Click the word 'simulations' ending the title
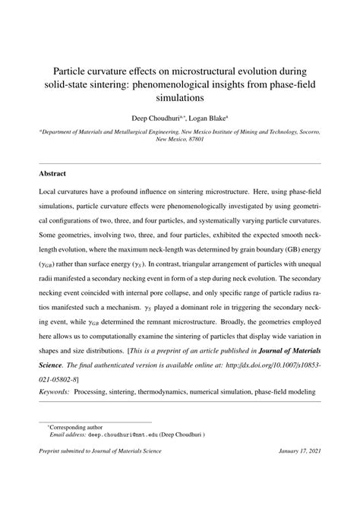tap(180, 98)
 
